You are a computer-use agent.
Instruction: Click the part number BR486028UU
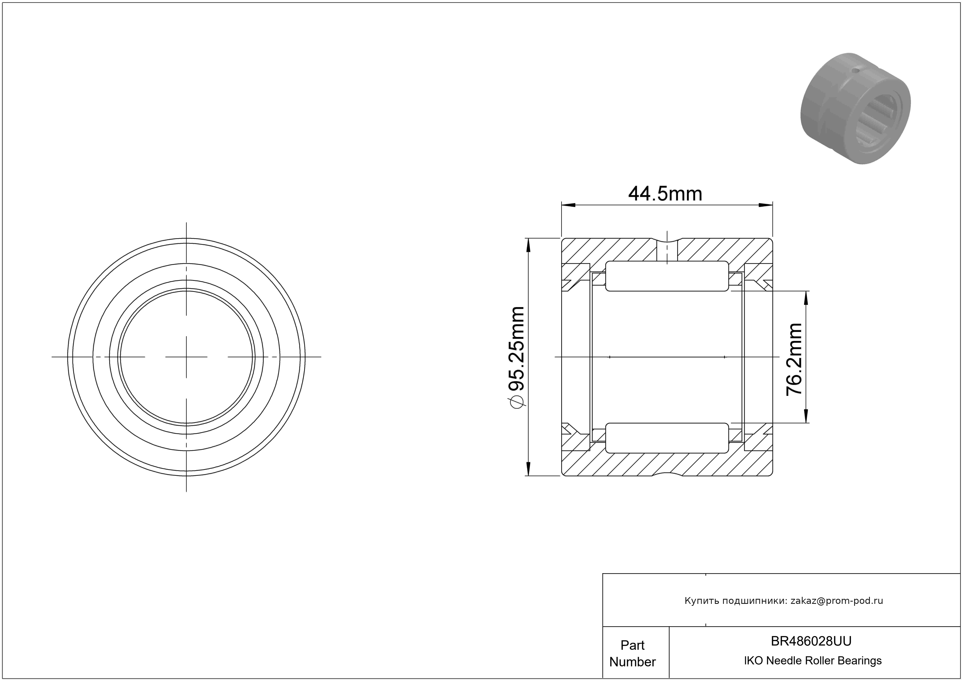click(x=811, y=641)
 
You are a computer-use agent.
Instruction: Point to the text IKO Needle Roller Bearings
click(x=812, y=661)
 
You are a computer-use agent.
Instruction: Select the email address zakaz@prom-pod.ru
click(x=837, y=601)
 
